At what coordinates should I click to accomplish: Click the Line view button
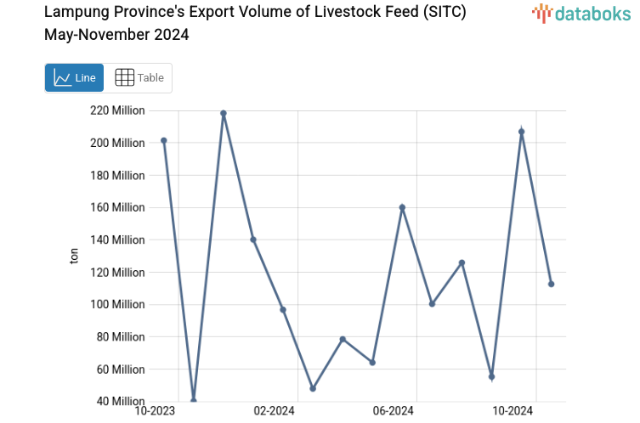74,77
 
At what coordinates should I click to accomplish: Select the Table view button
139,77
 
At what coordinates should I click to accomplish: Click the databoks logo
581,13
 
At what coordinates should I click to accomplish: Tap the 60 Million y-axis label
119,369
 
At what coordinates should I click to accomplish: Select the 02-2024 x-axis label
274,411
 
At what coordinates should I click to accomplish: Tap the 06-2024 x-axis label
393,411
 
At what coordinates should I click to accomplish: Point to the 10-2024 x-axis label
513,411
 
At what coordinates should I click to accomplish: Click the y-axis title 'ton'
74,256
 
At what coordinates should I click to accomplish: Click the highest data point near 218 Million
224,113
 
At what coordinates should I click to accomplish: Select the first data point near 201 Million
164,140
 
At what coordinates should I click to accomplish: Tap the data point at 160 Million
402,207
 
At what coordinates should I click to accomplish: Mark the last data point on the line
551,284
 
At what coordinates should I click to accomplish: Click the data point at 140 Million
253,240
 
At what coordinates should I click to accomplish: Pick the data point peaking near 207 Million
522,132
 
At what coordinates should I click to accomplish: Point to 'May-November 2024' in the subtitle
116,35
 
